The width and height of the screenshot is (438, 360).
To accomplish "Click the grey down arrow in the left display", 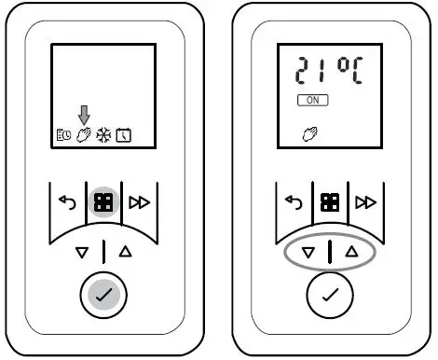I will [84, 115].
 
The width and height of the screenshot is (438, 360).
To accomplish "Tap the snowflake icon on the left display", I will [103, 136].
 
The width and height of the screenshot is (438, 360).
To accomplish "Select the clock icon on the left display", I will [123, 136].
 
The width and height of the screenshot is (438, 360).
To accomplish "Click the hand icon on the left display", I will [84, 136].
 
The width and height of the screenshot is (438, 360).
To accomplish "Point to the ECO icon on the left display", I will [62, 136].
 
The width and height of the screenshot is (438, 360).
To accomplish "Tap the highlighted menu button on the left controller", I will [103, 201].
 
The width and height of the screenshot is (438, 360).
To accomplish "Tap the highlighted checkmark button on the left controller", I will [103, 295].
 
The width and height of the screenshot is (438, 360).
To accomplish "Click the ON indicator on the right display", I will [309, 99].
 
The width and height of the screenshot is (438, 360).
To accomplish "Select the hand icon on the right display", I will [308, 136].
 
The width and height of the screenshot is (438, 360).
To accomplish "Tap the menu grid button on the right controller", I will [329, 201].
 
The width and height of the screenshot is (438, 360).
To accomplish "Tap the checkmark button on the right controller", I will [329, 295].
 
